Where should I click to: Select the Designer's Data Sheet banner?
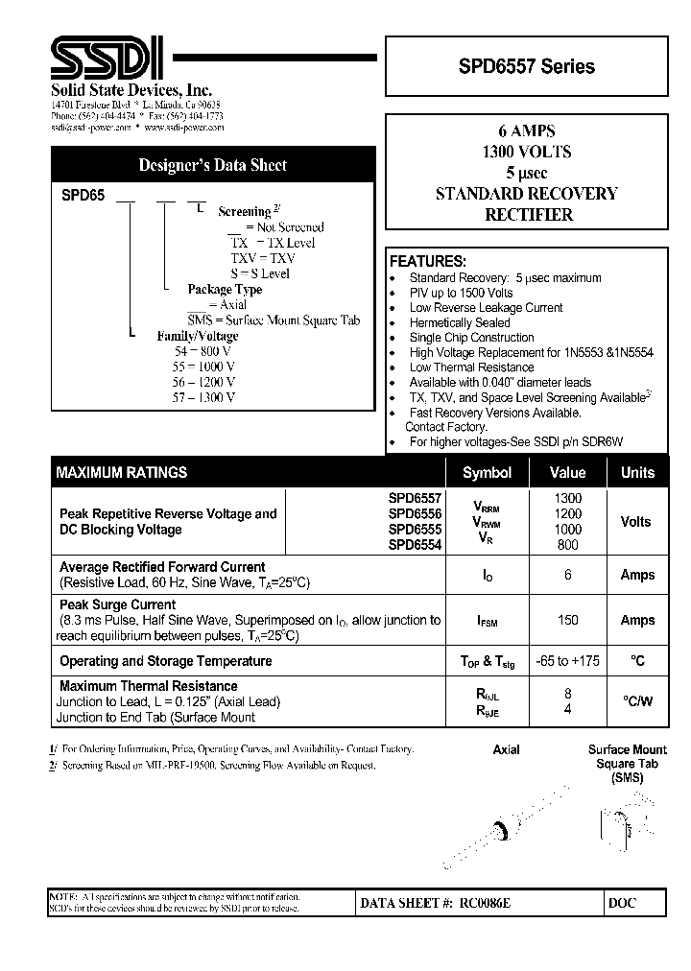[212, 165]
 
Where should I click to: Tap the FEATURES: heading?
[427, 261]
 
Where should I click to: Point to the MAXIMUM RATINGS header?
[122, 472]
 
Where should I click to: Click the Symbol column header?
[487, 472]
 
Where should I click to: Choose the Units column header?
[637, 472]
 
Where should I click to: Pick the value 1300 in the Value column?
[568, 498]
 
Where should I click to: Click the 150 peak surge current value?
[568, 620]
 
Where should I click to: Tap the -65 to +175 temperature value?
[568, 661]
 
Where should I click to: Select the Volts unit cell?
[636, 522]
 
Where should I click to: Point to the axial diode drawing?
[504, 827]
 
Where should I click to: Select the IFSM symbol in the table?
[487, 621]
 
